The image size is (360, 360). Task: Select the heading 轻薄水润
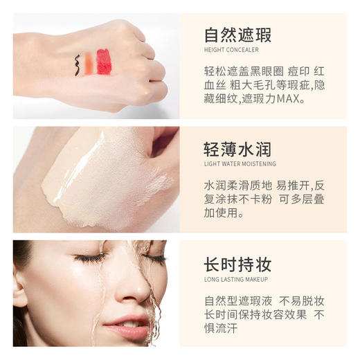[x=237, y=149]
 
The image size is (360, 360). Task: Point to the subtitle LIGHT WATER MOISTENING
[x=240, y=164]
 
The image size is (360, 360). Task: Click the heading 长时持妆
[x=237, y=264]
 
